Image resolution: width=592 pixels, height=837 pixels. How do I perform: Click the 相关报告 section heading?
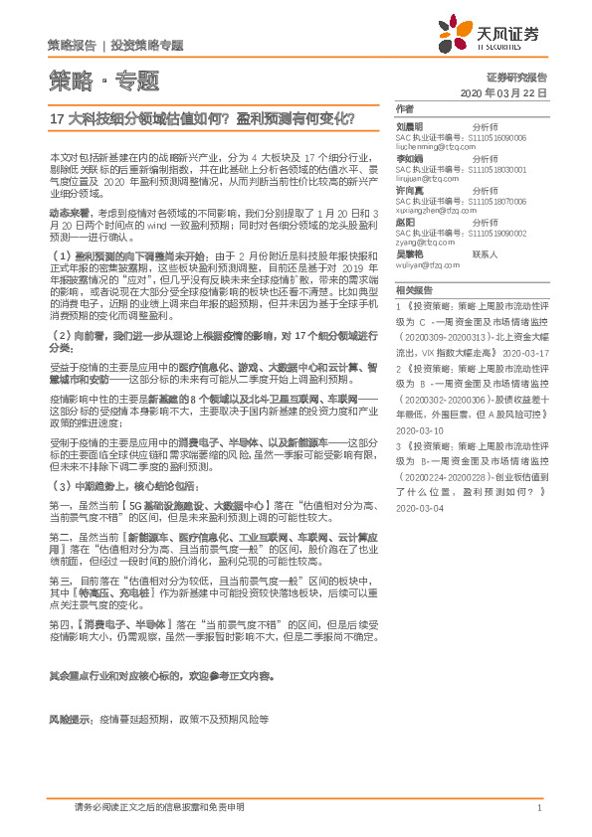click(x=413, y=290)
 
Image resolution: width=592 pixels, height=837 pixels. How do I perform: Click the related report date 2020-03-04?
click(x=418, y=508)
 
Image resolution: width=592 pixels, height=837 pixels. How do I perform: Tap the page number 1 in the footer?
click(x=538, y=809)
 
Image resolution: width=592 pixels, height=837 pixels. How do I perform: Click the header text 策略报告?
click(x=72, y=46)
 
